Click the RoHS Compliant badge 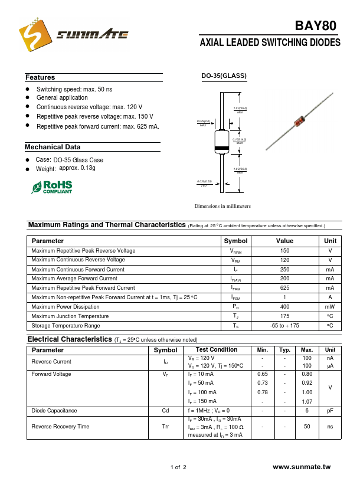pos(52,187)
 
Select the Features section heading pos(40,77)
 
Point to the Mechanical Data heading pos(53,147)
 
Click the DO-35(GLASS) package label pos(224,76)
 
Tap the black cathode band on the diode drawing pos(221,148)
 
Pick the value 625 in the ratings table pos(284,288)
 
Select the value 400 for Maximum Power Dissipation pos(284,307)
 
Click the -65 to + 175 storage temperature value pos(284,326)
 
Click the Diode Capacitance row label pos(54,411)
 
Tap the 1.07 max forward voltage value pos(307,401)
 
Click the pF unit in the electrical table pos(330,411)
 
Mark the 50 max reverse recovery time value pos(307,426)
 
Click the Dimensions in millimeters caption pos(222,206)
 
